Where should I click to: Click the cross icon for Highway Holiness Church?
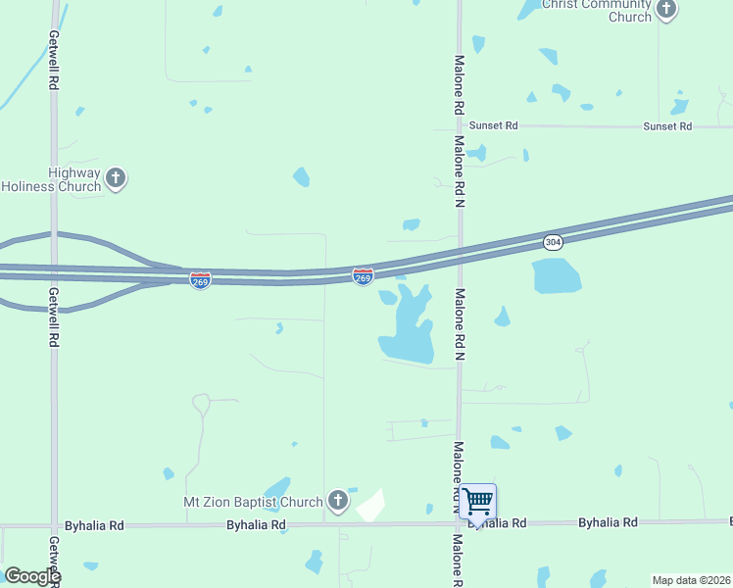pyautogui.click(x=117, y=178)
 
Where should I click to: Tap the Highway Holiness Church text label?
pyautogui.click(x=53, y=179)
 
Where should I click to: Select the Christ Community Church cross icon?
pyautogui.click(x=666, y=10)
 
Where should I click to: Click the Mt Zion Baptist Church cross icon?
pyautogui.click(x=337, y=502)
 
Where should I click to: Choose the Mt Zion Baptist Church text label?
pyautogui.click(x=254, y=502)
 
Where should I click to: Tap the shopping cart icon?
pyautogui.click(x=477, y=502)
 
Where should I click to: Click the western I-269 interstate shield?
pyautogui.click(x=200, y=279)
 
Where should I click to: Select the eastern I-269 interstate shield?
pyautogui.click(x=363, y=277)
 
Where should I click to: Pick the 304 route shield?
pyautogui.click(x=554, y=241)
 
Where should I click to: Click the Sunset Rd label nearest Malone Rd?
pyautogui.click(x=492, y=126)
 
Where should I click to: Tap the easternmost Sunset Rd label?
pyautogui.click(x=667, y=126)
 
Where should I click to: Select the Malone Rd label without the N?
pyautogui.click(x=458, y=84)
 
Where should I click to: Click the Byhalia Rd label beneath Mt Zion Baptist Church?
pyautogui.click(x=256, y=525)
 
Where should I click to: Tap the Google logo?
pyautogui.click(x=32, y=576)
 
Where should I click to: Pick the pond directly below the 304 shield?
pyautogui.click(x=557, y=275)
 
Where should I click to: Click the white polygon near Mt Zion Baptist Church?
pyautogui.click(x=371, y=506)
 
